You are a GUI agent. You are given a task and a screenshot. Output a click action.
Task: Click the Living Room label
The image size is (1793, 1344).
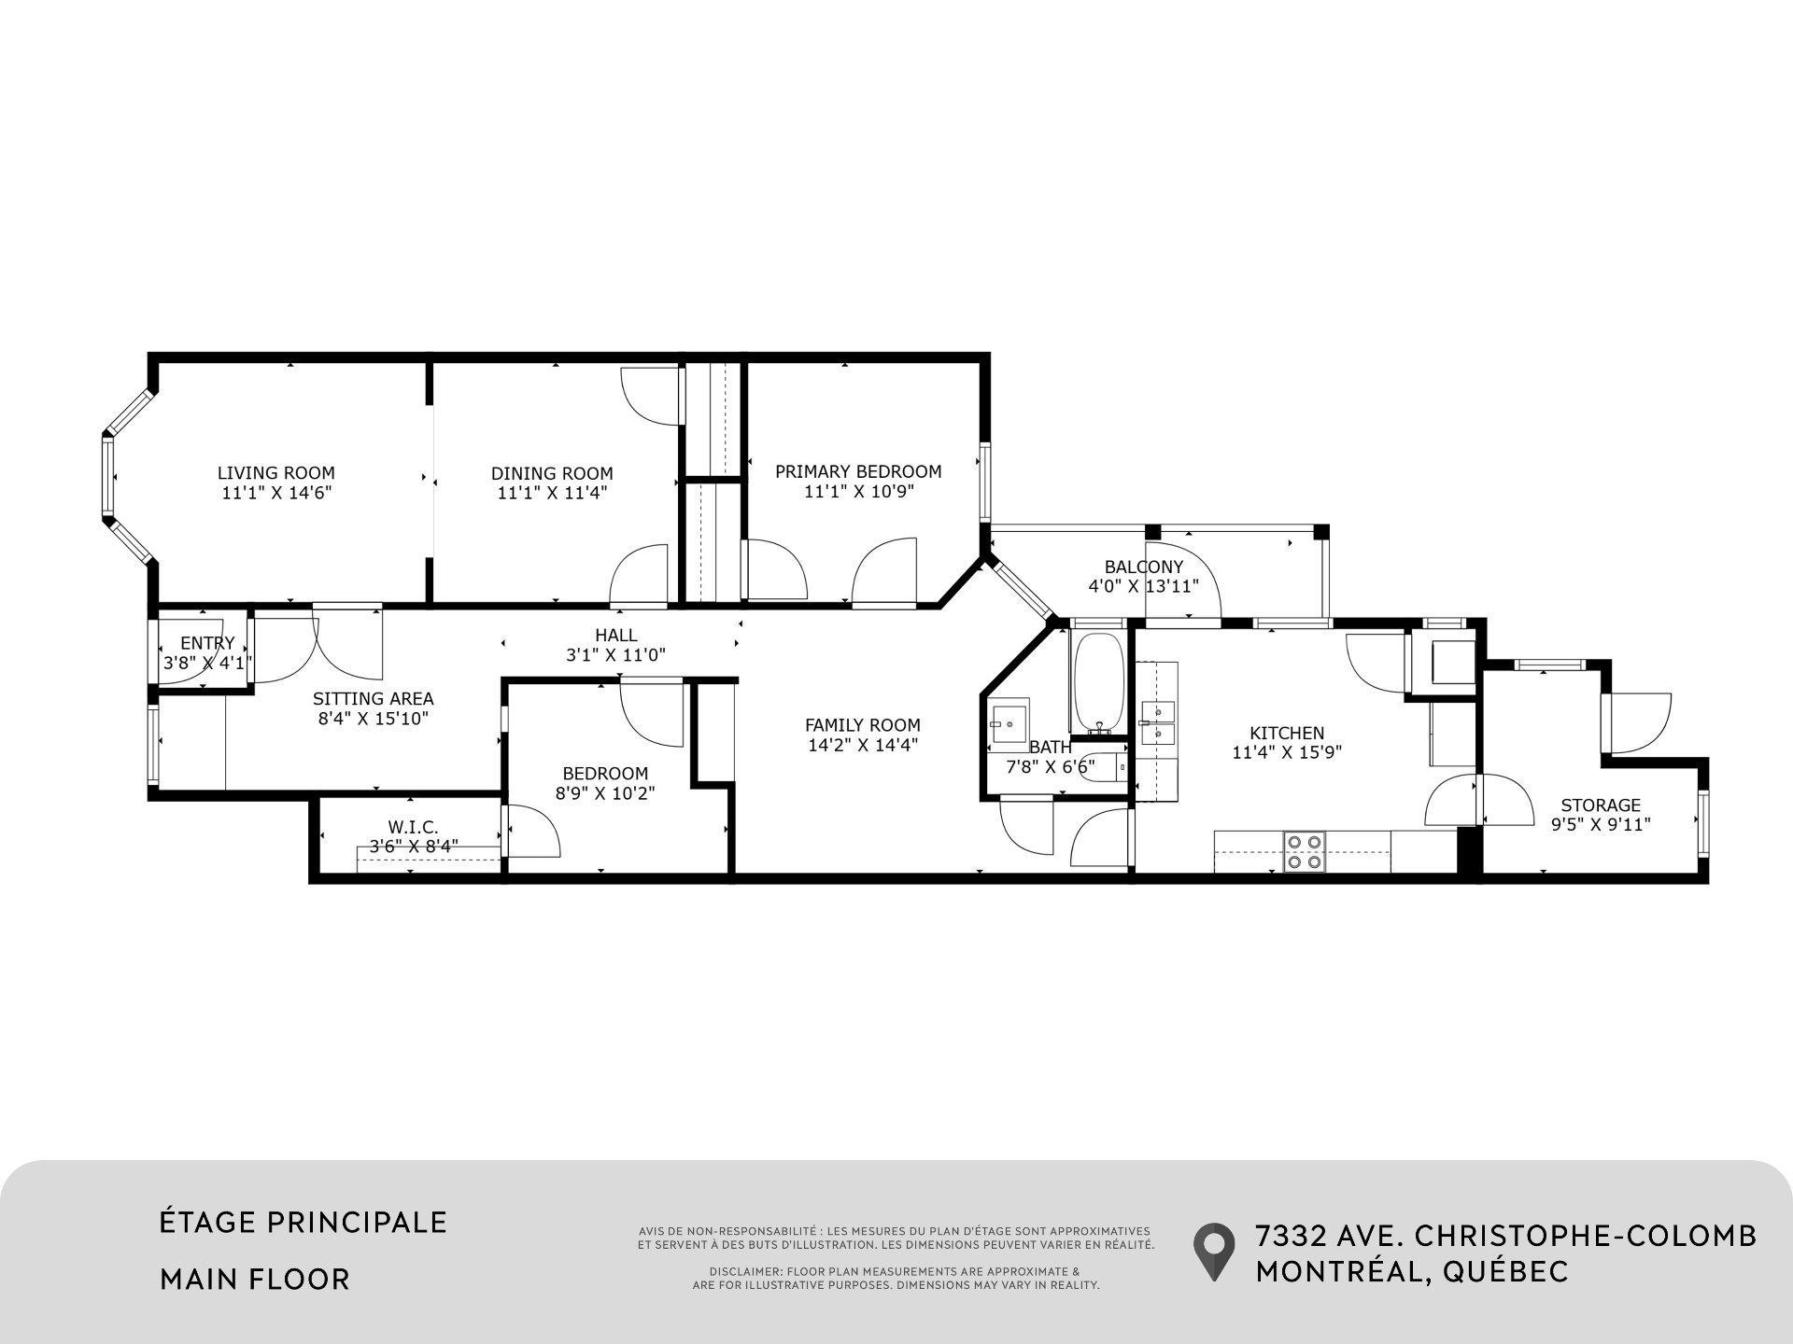point(275,473)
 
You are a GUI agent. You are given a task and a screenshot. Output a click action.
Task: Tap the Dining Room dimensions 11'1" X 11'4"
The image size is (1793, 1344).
point(552,494)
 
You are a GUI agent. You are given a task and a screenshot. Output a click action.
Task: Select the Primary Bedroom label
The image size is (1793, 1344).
point(857,471)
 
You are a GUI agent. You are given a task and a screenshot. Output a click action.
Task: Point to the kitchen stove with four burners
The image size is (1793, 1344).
point(1305,851)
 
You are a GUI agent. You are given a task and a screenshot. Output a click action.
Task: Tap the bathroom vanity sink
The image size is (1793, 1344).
point(1009,723)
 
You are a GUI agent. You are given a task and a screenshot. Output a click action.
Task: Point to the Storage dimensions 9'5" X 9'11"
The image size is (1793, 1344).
point(1601,825)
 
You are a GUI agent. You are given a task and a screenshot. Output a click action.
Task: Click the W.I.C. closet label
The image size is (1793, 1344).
point(413,827)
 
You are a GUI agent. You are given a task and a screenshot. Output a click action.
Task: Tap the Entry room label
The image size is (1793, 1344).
point(207,643)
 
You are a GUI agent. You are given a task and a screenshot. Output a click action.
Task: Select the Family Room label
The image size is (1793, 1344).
point(862,725)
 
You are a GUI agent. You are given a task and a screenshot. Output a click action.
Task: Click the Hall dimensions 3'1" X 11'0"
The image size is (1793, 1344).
point(615,655)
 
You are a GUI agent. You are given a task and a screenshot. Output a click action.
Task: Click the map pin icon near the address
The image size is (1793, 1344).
point(1213,1251)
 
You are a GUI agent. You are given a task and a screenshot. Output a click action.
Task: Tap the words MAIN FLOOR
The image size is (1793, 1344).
point(255,1279)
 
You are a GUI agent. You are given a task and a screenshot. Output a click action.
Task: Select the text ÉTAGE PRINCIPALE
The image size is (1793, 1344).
point(304,1223)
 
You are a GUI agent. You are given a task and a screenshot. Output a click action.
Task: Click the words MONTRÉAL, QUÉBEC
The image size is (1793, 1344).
point(1411,1271)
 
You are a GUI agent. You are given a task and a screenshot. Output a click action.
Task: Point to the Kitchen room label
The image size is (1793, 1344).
point(1287,734)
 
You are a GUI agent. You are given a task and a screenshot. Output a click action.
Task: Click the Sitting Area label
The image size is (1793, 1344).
point(373,698)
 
